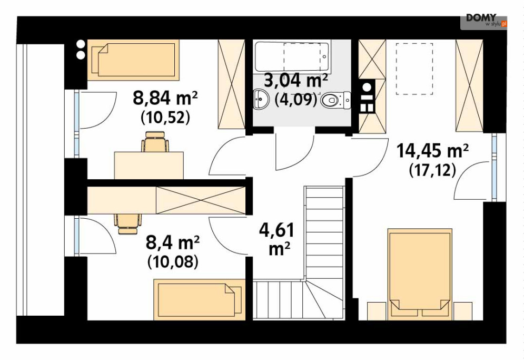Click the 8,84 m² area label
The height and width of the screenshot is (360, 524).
coord(165,98)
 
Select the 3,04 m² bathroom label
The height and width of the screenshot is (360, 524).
coord(296,80)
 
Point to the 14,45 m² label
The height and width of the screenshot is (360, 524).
coord(432,151)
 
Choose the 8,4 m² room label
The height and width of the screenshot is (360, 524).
coord(173,242)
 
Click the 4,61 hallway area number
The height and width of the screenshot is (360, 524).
coord(276,230)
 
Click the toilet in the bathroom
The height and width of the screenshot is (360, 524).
coord(335,100)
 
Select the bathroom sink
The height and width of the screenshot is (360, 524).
coord(261,99)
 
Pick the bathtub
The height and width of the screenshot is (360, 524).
coord(292,56)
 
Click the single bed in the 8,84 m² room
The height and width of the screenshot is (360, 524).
coord(133,60)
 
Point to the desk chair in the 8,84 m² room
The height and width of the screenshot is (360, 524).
coord(155,142)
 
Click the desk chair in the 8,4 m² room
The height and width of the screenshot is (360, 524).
coord(127,224)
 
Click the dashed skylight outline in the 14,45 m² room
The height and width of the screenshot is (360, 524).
coord(414,69)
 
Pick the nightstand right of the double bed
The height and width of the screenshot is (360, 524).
coord(462,311)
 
